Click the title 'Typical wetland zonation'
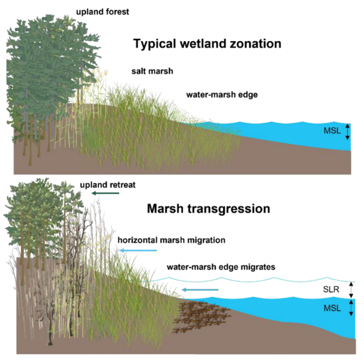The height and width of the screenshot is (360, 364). (x=207, y=43)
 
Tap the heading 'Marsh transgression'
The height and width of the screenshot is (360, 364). (x=208, y=209)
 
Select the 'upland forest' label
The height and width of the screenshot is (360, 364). (x=102, y=12)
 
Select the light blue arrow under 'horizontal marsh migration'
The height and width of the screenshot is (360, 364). (x=138, y=250)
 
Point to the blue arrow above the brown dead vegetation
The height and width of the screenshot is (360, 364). (x=200, y=289)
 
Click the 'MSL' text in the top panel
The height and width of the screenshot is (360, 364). (x=332, y=131)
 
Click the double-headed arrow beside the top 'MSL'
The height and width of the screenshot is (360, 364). (x=347, y=132)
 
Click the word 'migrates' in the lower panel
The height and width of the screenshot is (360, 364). (x=258, y=267)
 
